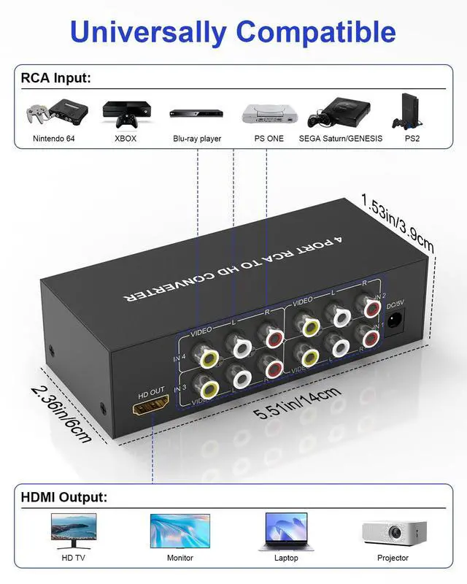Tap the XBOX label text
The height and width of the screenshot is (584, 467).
(x=125, y=138)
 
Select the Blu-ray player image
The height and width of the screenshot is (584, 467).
(x=196, y=114)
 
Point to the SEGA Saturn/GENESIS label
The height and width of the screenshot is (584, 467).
(x=340, y=138)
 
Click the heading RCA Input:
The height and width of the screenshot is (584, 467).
(x=56, y=78)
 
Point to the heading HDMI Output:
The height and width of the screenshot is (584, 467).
(x=64, y=497)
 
